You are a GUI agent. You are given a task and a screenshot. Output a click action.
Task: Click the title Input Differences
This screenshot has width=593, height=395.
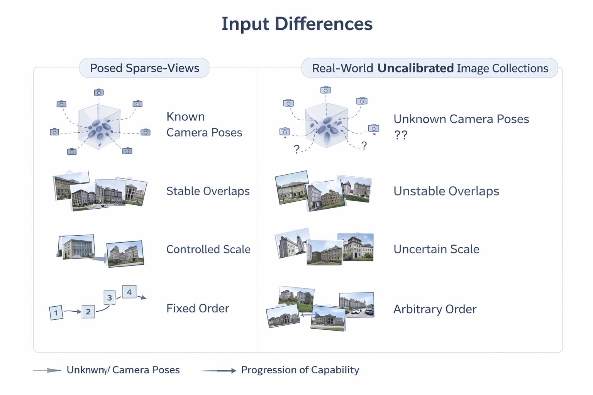click(296, 24)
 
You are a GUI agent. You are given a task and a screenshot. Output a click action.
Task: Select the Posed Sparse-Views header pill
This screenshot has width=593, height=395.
click(144, 68)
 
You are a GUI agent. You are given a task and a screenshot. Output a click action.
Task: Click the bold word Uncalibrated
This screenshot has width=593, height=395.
click(415, 68)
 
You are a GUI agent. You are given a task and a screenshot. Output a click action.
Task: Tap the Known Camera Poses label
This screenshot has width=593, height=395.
click(204, 125)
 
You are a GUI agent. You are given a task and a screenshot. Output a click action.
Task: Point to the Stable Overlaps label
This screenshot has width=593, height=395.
click(208, 191)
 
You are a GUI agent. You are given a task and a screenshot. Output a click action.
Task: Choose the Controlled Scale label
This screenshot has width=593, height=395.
click(208, 250)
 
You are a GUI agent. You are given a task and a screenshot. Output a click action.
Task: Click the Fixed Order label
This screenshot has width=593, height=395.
click(197, 309)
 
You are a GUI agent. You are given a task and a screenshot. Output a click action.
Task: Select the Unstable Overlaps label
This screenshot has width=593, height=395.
click(446, 191)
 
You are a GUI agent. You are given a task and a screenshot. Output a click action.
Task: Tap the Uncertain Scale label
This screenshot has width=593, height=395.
click(436, 249)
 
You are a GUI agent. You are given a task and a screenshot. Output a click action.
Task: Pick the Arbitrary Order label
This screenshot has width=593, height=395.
click(434, 309)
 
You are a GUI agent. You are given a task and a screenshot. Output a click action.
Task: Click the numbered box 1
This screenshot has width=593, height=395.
click(56, 312)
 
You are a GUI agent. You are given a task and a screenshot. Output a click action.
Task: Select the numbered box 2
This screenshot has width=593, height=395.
click(88, 311)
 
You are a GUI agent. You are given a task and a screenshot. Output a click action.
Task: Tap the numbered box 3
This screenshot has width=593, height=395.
click(110, 297)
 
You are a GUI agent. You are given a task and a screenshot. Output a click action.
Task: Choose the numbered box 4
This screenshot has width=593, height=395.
click(129, 292)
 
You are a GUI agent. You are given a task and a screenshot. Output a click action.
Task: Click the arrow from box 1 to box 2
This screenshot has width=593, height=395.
click(72, 311)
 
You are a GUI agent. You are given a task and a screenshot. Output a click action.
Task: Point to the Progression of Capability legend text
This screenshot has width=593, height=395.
click(300, 370)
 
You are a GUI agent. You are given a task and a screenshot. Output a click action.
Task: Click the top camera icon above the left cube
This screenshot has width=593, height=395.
click(99, 92)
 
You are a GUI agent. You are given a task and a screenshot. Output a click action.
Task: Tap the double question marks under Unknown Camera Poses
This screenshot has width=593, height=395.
click(400, 135)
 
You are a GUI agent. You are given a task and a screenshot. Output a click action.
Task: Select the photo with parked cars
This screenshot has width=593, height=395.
click(356, 305)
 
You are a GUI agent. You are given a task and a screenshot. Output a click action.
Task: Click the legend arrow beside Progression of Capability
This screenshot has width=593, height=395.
click(219, 371)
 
